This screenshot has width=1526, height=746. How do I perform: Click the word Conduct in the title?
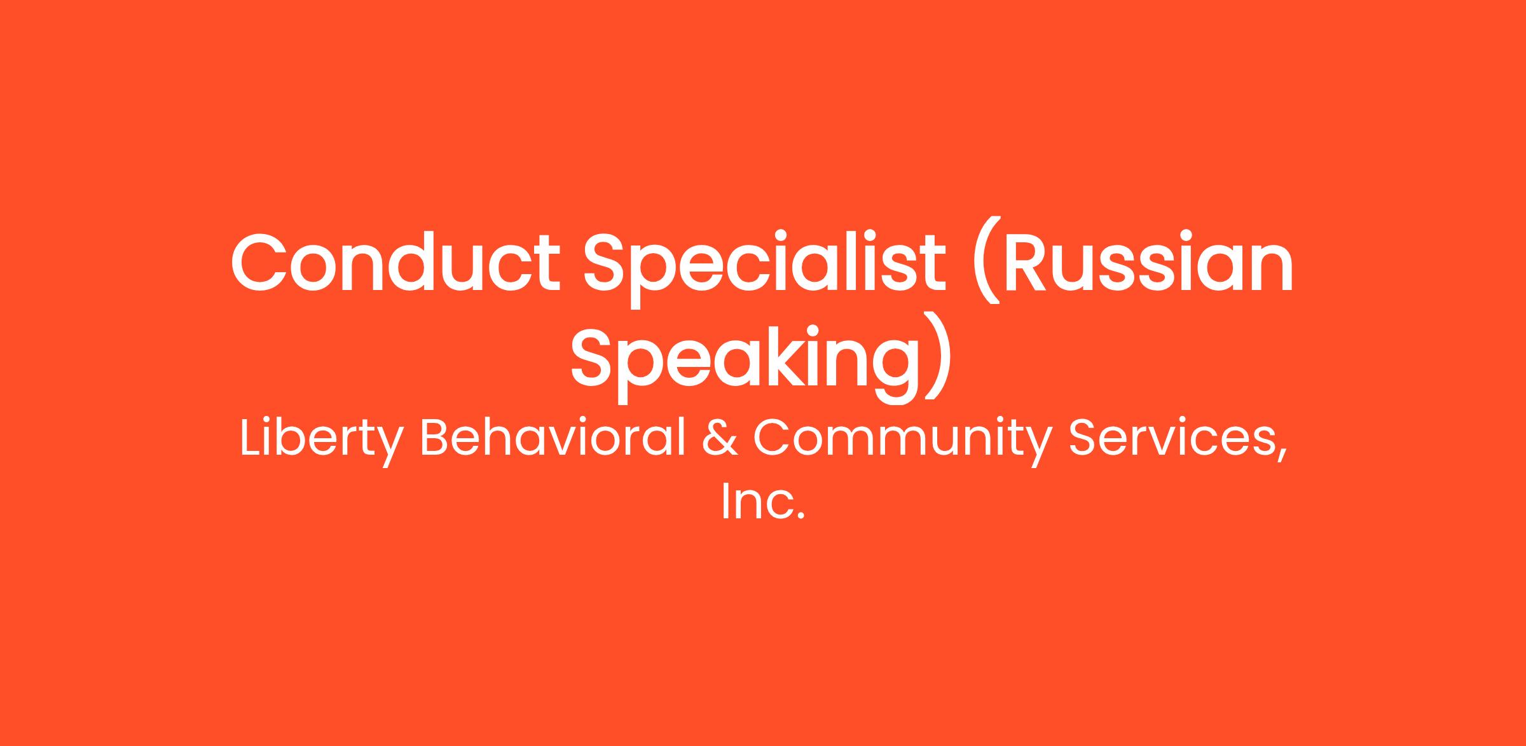point(395,263)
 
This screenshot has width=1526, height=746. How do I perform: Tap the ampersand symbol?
point(721,438)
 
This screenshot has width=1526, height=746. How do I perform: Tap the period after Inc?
point(801,516)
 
